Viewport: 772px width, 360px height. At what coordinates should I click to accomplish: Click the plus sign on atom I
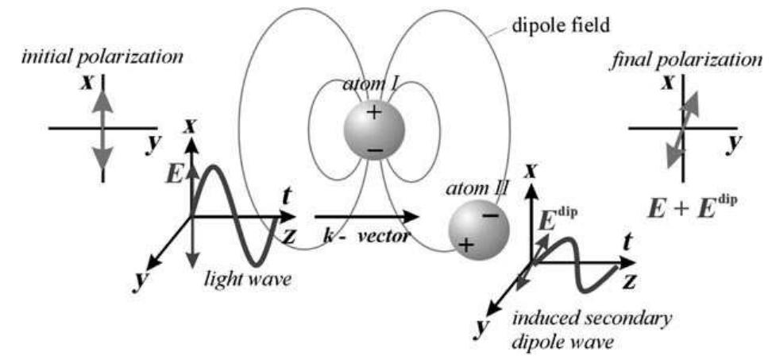click(373, 113)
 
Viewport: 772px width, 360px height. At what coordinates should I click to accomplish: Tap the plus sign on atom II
click(466, 244)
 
